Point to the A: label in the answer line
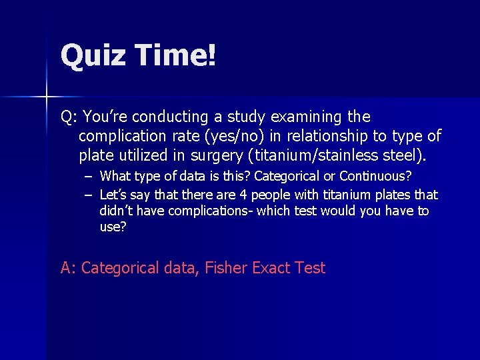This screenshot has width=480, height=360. point(69,269)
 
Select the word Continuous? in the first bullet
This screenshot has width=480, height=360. point(375,177)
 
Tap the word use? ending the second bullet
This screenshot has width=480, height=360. point(113,227)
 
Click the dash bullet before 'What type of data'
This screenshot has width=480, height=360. point(88,177)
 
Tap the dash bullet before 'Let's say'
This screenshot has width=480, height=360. point(88,195)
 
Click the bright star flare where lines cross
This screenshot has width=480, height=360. point(47,97)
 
